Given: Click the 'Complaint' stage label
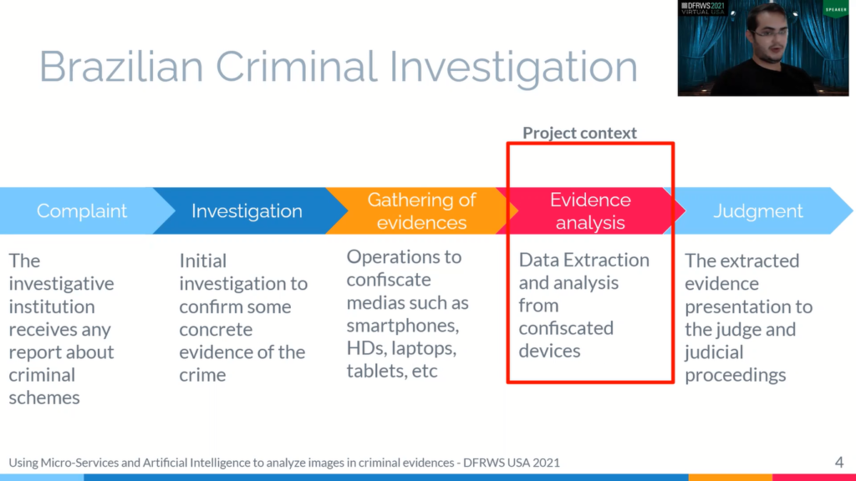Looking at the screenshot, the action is [82, 211].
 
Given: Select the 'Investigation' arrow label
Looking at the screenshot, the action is [247, 211].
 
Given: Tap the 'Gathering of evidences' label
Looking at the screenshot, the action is [421, 211].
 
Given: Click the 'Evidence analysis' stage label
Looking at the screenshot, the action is [590, 211].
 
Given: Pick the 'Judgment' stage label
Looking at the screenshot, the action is [758, 211].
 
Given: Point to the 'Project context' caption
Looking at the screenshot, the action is [580, 133].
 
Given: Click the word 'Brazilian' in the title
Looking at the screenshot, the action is [121, 67].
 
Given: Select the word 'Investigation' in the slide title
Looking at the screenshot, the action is [513, 68].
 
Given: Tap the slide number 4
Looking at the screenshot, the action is [839, 463].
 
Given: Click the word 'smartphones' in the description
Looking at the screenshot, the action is [402, 326].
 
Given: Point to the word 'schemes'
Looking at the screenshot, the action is [44, 397].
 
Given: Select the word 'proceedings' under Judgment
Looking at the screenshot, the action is [736, 375].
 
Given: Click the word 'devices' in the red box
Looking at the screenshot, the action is [549, 351].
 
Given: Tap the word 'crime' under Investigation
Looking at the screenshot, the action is [202, 375].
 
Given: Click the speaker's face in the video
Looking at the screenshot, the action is [770, 33].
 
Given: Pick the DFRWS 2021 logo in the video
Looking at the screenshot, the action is [703, 8].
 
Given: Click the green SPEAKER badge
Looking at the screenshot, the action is [836, 8].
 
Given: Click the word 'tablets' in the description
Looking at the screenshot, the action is [377, 371].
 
